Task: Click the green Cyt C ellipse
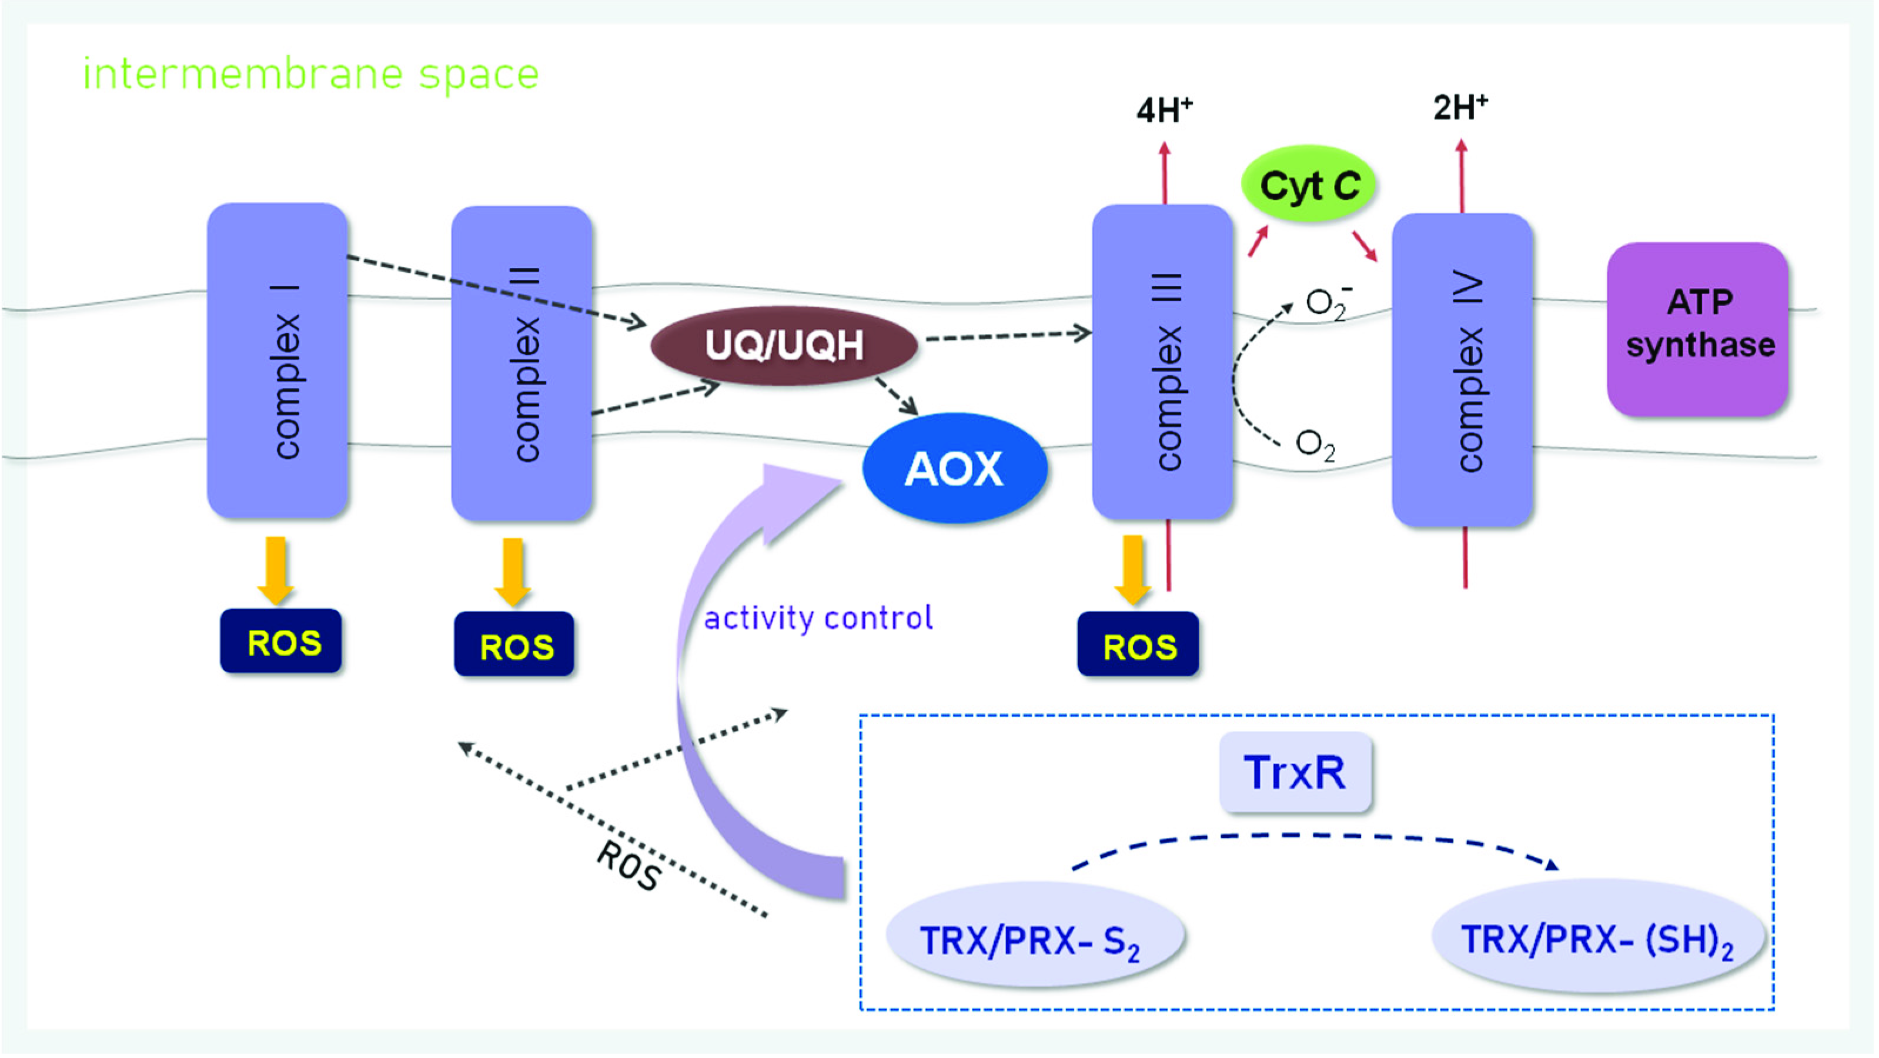1309,185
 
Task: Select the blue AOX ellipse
954,468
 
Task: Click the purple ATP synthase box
1698,329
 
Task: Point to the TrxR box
1295,772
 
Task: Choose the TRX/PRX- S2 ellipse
1034,937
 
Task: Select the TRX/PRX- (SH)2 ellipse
1597,937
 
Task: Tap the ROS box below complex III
1138,645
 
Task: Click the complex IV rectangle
1462,369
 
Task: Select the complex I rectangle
277,361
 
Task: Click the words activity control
818,618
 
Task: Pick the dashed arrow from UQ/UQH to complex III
1007,336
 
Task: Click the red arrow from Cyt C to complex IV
1364,246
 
